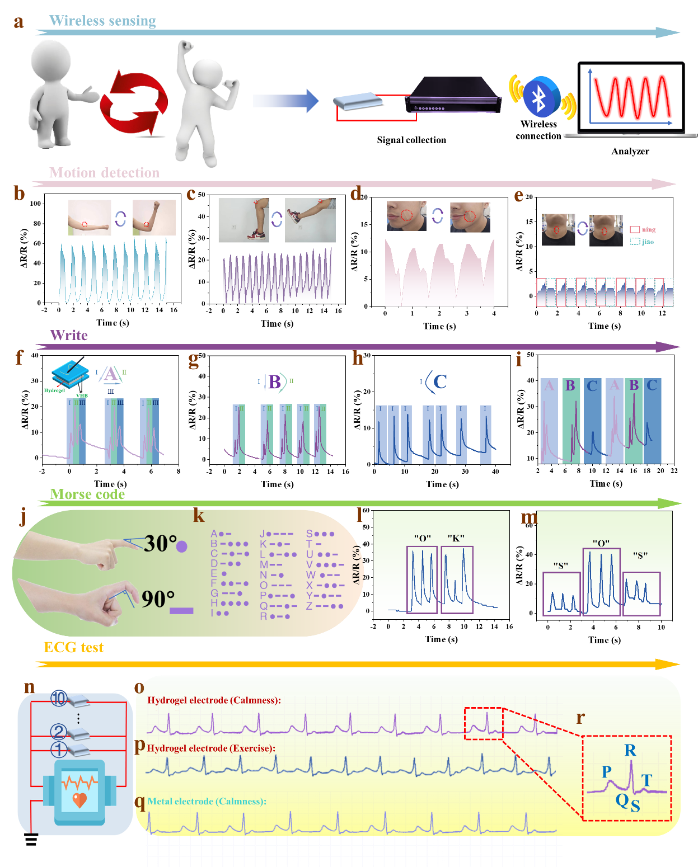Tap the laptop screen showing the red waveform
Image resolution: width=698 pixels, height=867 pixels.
[x=631, y=96]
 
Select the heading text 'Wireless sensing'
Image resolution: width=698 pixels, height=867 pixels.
[x=102, y=21]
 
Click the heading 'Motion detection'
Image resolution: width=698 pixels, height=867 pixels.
[x=104, y=173]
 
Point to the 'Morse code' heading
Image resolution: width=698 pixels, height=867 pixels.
[x=87, y=494]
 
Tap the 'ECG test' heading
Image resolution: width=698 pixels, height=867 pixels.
[x=73, y=648]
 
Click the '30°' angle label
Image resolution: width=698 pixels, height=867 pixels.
[x=160, y=544]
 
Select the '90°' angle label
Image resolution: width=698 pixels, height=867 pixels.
[x=158, y=599]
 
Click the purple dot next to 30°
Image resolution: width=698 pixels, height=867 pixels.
[x=182, y=546]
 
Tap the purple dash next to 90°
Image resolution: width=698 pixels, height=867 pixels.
[x=181, y=611]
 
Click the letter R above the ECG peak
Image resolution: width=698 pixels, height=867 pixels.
[x=630, y=751]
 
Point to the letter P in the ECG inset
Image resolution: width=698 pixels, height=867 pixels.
[x=606, y=772]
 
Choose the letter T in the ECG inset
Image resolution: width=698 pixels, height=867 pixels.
[x=647, y=780]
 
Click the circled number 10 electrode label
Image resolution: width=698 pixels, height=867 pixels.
[x=59, y=698]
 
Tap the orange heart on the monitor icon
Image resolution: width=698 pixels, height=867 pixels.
[x=80, y=800]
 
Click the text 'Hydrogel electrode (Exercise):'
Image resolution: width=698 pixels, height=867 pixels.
[x=211, y=748]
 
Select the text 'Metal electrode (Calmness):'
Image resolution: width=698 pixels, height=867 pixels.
[x=207, y=802]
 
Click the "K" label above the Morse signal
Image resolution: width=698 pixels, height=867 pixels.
[x=456, y=538]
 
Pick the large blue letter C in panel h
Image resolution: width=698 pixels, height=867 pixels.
[x=440, y=382]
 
